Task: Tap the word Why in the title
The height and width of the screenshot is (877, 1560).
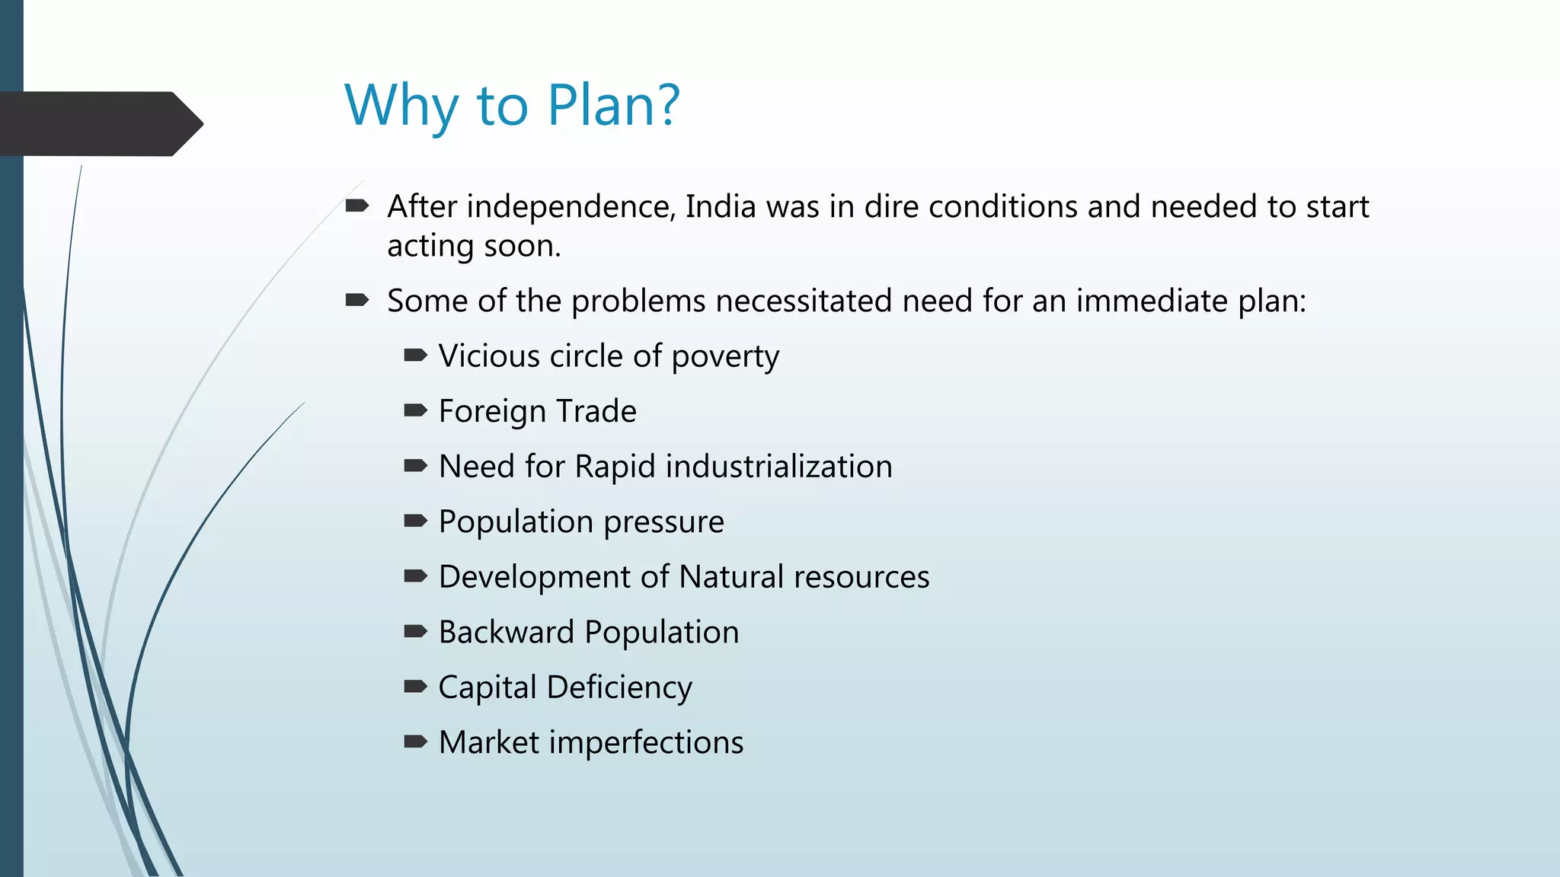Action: coord(401,105)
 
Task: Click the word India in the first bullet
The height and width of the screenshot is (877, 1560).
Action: coord(721,207)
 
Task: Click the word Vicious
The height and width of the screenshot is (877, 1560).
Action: coord(488,356)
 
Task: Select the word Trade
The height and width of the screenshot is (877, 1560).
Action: coord(596,411)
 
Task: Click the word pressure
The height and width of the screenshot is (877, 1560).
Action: coord(663,522)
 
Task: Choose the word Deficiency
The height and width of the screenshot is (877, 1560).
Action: coord(619,687)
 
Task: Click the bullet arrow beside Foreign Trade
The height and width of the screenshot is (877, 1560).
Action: coord(415,411)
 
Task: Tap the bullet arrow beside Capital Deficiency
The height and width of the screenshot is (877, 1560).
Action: coord(415,687)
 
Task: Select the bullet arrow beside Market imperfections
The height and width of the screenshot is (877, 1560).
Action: coord(415,742)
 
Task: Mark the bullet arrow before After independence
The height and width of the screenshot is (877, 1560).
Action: coord(357,206)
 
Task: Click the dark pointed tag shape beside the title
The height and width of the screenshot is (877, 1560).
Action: coord(99,124)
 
